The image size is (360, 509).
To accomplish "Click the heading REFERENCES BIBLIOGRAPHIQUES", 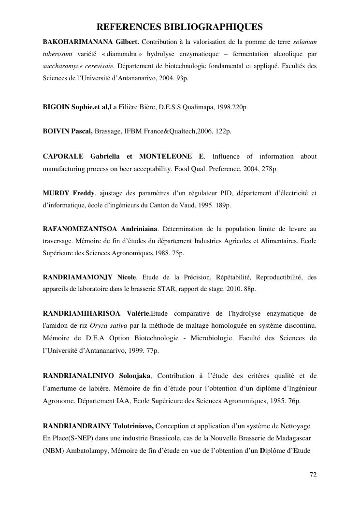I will coord(180,27).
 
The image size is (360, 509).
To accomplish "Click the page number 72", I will coord(313,475).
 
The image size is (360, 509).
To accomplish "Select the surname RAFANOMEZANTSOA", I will coord(82,228).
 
